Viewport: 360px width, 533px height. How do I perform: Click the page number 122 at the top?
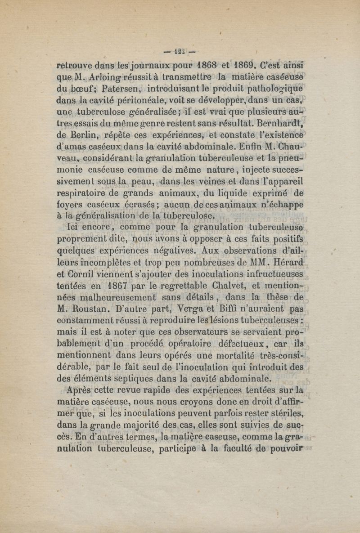[x=180, y=50]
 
